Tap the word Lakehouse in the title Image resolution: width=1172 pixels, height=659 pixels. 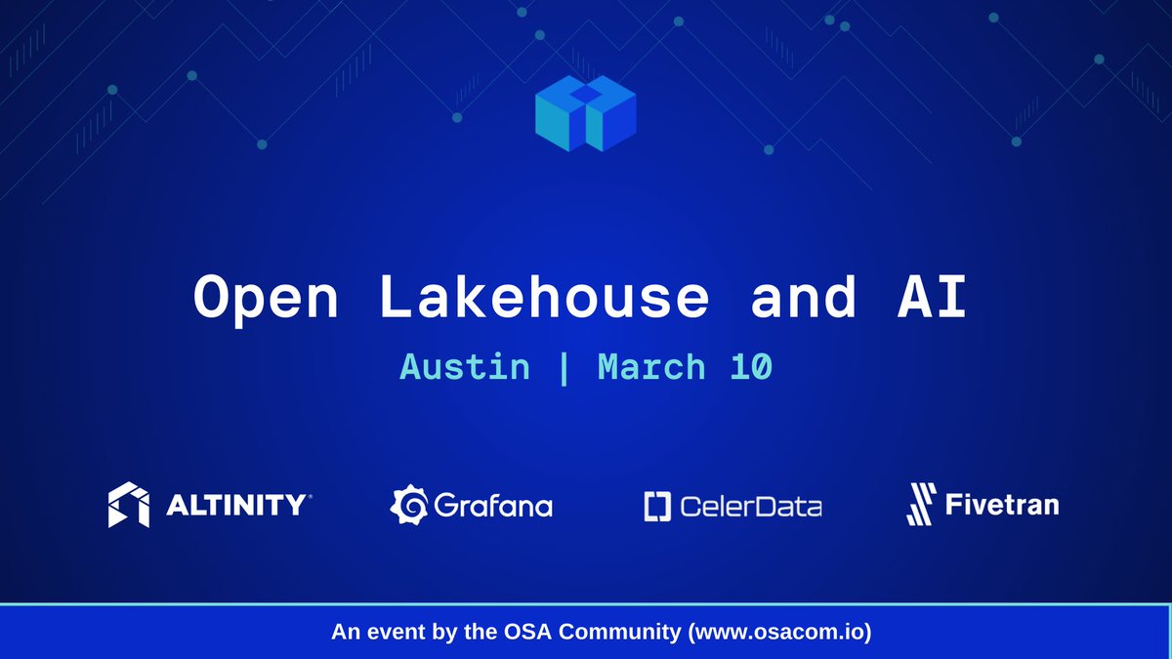542,297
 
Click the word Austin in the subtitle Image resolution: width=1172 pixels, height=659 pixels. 465,368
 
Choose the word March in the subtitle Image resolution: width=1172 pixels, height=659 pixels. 651,368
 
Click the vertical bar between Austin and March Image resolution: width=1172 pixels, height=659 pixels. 565,369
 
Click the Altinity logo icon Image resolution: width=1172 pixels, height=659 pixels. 128,504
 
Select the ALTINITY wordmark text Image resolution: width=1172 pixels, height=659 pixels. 237,505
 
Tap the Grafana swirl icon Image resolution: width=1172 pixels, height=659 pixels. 409,505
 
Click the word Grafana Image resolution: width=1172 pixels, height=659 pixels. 492,506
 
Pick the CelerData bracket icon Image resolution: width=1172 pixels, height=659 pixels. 654,506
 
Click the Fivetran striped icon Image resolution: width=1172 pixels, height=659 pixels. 922,504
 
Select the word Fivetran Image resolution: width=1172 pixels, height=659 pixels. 1002,504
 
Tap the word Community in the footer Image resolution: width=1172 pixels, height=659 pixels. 632,633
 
